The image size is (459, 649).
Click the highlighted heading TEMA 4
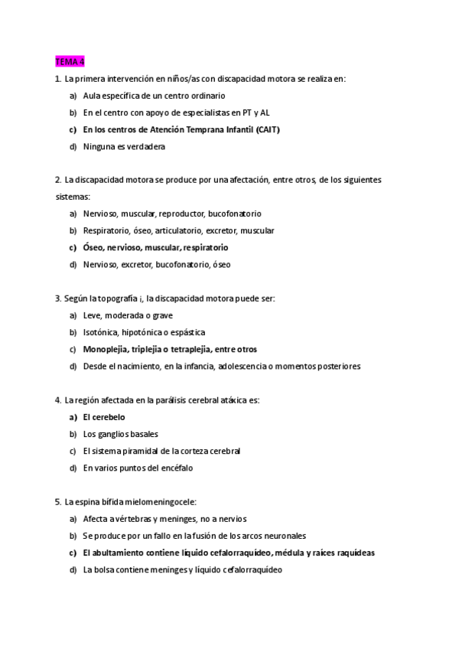click(70, 61)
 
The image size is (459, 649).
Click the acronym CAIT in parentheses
click(266, 129)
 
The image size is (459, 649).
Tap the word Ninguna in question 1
click(99, 146)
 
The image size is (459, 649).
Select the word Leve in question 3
click(92, 315)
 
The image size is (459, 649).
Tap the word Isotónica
click(101, 332)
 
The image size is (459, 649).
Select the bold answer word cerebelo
click(109, 417)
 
